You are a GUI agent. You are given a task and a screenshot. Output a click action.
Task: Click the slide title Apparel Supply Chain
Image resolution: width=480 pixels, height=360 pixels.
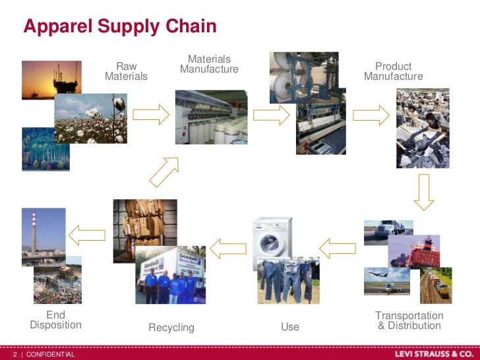coord(119,26)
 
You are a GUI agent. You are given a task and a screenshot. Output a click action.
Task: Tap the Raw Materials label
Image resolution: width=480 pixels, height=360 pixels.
coord(126,71)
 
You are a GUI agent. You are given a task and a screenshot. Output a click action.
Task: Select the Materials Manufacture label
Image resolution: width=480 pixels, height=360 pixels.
coord(209,65)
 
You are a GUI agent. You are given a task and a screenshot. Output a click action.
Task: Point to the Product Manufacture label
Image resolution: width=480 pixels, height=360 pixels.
coord(393,71)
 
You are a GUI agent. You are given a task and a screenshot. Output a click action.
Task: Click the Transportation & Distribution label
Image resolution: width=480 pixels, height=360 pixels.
coord(409,320)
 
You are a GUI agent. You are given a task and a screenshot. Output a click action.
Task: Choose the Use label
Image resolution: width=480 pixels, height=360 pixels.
coord(289,327)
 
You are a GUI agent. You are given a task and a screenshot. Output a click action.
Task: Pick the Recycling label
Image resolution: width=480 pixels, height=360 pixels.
coord(171,328)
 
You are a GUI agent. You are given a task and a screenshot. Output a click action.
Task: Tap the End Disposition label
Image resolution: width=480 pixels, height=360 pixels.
coord(56,320)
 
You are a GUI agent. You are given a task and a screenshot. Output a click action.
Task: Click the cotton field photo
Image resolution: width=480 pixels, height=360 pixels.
coord(91,119)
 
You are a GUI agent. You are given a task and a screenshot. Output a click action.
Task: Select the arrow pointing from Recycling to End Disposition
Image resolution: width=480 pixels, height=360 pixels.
coord(88,234)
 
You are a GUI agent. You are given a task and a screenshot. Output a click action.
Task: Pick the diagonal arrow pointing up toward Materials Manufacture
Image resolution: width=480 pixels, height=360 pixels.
coord(164,171)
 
